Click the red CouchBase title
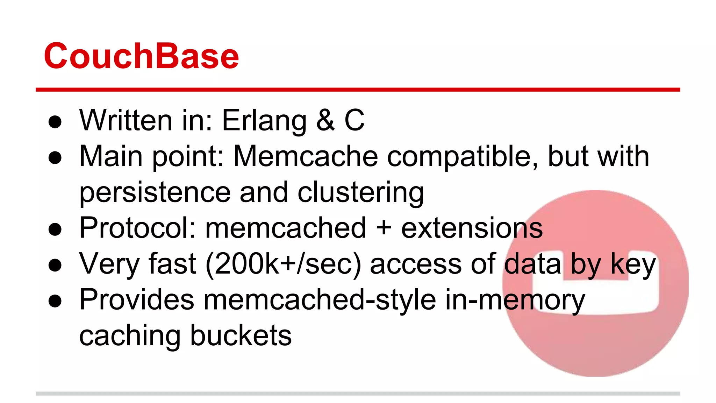click(141, 56)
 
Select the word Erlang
click(264, 121)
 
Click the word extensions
click(472, 228)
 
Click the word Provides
click(137, 300)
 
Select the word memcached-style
click(320, 301)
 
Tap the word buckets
click(241, 335)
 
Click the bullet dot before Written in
click(55, 122)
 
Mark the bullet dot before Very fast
click(55, 265)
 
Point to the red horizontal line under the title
click(358, 90)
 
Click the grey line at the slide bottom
click(358, 394)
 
